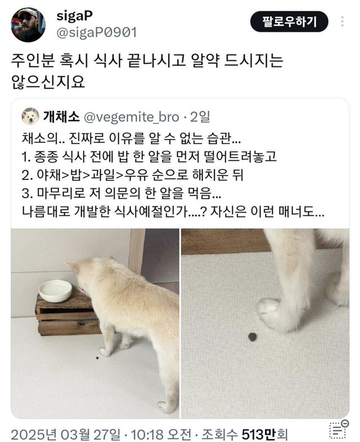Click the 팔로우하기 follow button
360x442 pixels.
coord(289,21)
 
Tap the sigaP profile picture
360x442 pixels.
coord(28,25)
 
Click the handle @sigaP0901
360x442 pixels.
coord(97,33)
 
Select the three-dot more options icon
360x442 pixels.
coord(342,21)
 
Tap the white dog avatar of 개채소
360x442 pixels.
coord(30,116)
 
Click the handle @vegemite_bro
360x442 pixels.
coord(132,118)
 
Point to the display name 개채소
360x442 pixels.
coord(61,117)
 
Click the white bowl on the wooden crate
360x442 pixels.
coord(55,291)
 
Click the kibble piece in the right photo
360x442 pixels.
coord(253,336)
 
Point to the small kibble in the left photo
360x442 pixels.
coord(97,358)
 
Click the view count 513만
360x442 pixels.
coord(258,434)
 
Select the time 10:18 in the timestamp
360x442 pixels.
coord(147,434)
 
